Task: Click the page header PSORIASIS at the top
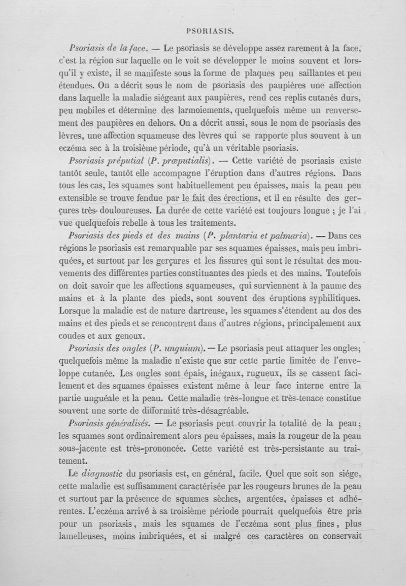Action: (x=210, y=30)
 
